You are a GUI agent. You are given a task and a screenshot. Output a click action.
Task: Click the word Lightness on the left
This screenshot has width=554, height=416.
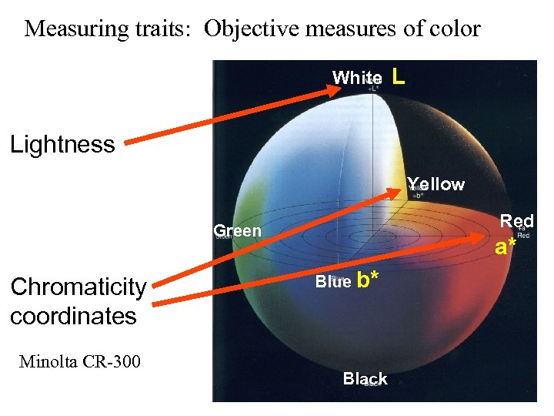pos(62,144)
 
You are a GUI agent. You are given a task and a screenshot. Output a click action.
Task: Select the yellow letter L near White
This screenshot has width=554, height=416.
pos(398,76)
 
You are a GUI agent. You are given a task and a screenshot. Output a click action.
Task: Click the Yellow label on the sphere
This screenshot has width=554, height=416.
pos(436,184)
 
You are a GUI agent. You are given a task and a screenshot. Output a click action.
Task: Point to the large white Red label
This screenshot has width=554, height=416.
pos(517,221)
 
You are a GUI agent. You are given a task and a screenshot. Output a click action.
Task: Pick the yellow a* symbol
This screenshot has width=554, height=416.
pos(506,247)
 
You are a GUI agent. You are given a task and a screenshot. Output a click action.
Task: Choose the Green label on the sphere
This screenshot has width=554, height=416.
pos(237,230)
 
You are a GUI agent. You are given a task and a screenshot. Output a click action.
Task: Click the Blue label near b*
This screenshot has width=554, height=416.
pos(332,282)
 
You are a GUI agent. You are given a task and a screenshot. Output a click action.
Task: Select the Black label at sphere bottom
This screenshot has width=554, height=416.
pos(365,378)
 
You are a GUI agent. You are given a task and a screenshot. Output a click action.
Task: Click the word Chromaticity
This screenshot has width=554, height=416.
pos(78,287)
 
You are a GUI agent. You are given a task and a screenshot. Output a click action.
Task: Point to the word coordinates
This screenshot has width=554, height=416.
pos(73,316)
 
